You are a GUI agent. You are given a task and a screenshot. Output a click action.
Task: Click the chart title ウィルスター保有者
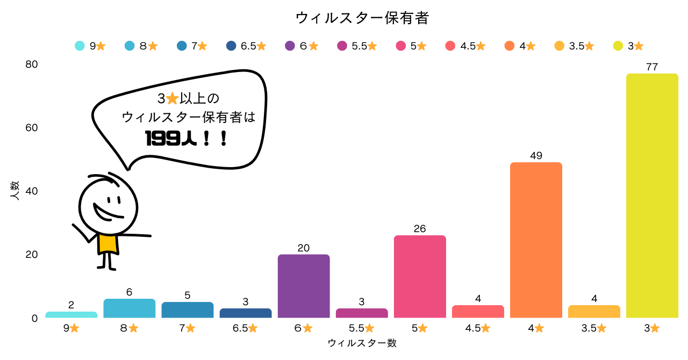point(362,18)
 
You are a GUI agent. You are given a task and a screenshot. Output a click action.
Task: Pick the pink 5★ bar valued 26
point(420,277)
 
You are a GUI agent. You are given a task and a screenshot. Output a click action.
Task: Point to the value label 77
point(652,67)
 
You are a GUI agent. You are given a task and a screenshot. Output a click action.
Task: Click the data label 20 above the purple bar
point(304,248)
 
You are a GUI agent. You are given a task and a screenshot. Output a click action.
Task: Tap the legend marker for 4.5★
point(450,46)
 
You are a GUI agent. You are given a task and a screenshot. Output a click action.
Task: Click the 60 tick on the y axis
point(32,128)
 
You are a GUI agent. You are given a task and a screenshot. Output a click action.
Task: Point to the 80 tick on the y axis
point(32,64)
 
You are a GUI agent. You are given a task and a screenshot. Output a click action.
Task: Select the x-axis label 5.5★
point(362,328)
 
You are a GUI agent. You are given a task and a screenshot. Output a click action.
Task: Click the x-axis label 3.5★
point(594,328)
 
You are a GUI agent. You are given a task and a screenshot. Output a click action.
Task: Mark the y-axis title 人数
point(15,191)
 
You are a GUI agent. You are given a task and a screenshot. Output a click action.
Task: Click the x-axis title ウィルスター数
point(362,343)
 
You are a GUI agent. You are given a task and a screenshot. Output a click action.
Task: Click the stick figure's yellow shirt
point(107,243)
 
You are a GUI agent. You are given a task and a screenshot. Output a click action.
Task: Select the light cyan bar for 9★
point(71,315)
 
